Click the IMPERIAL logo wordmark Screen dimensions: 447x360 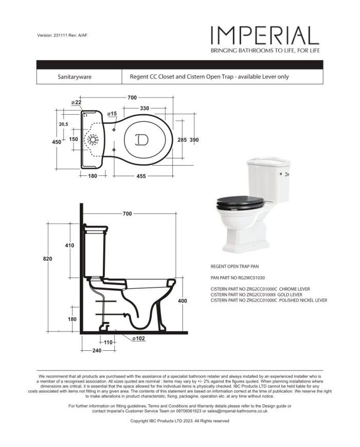tap(264, 35)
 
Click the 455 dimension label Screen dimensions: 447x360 tap(140, 176)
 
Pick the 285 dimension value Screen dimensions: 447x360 tap(182, 140)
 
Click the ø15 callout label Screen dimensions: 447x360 tap(112, 113)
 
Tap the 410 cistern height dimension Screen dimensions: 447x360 tap(69, 245)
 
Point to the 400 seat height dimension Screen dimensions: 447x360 tap(182, 301)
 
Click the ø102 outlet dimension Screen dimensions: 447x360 tap(137, 339)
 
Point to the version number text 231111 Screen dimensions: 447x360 tap(62, 35)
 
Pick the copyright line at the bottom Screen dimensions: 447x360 tap(179, 421)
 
